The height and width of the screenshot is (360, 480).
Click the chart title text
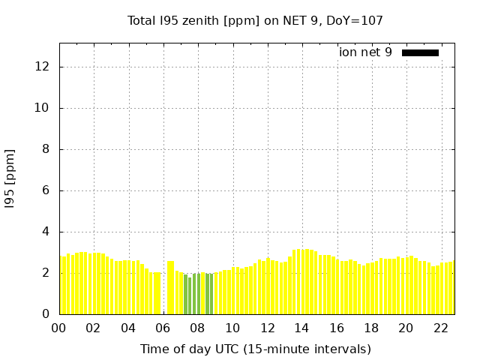click(x=255, y=21)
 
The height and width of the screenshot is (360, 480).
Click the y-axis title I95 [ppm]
click(x=10, y=177)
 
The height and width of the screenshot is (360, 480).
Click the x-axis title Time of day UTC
click(x=255, y=349)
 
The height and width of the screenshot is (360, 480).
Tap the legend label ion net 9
click(x=365, y=52)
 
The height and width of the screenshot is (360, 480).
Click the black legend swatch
click(x=420, y=52)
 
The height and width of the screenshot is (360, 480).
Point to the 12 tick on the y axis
click(x=42, y=67)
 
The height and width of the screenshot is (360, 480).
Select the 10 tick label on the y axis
click(x=42, y=108)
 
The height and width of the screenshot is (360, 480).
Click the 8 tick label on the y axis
click(x=45, y=149)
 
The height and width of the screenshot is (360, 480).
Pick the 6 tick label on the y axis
click(x=45, y=190)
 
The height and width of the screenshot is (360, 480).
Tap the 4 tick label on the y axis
click(x=45, y=232)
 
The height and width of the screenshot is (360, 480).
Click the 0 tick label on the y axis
click(x=45, y=314)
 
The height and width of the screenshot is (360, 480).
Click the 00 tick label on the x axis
click(x=58, y=328)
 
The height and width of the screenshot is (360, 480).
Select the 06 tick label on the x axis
click(x=163, y=328)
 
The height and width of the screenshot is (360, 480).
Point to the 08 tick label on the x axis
click(x=197, y=328)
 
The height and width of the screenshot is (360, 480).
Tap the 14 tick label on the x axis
click(x=301, y=328)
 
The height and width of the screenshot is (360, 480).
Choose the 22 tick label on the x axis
click(x=440, y=328)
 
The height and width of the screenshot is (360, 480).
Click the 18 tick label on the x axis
click(x=371, y=328)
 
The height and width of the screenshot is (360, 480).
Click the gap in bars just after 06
click(x=164, y=292)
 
